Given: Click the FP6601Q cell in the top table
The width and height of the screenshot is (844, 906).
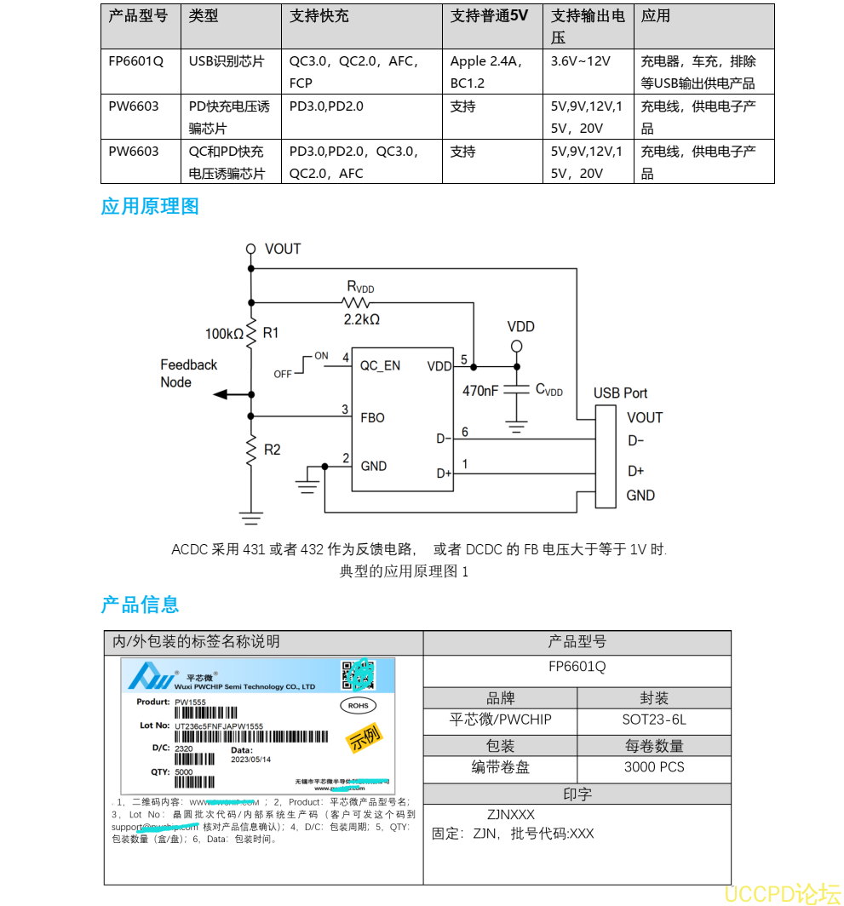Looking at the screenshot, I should [135, 61].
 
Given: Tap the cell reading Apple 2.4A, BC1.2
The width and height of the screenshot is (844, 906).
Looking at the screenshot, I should [487, 72].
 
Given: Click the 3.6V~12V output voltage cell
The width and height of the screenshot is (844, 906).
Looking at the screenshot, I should [580, 61].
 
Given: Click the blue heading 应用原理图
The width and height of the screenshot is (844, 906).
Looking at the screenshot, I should [149, 206].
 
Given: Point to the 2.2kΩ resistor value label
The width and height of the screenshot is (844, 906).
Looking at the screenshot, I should [361, 319].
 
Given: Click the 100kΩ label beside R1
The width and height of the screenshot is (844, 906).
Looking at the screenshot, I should [224, 333].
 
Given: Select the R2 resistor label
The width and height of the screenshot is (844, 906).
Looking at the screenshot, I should [272, 450].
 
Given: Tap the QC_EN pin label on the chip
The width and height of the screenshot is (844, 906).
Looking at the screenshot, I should [380, 365].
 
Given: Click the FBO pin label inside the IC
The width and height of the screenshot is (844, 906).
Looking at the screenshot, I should [372, 417].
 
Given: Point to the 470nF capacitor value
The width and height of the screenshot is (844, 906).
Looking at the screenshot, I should [480, 391].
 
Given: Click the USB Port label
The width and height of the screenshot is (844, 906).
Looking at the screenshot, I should [620, 393].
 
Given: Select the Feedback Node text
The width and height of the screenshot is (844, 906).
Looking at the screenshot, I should [188, 373].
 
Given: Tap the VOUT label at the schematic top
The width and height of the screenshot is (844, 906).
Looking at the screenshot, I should [283, 249].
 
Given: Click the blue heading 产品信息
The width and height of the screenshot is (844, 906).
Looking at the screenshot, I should [140, 605].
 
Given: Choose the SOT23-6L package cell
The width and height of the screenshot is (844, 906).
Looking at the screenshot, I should [653, 720].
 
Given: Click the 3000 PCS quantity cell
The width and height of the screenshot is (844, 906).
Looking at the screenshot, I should [653, 766].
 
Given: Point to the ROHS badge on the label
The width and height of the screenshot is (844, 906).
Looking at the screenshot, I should [358, 705].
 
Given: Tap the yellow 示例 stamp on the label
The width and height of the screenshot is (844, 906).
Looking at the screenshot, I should [364, 737].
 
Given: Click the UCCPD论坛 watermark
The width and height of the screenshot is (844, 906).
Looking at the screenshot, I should [782, 892].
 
